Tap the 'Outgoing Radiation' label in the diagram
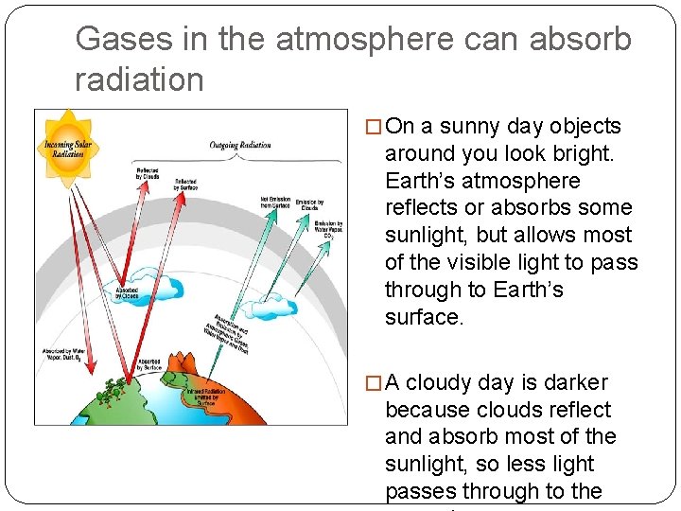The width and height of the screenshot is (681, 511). click(x=240, y=145)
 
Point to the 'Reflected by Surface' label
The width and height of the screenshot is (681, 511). click(x=185, y=185)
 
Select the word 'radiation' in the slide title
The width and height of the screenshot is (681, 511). click(x=139, y=79)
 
